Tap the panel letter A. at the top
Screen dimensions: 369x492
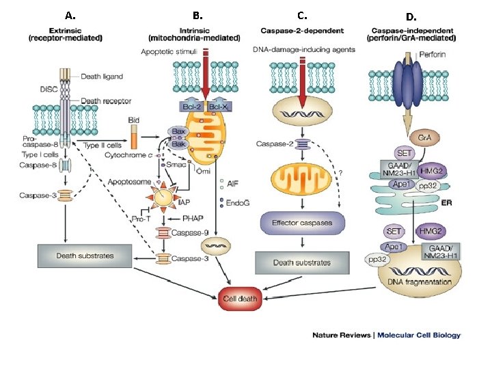70,15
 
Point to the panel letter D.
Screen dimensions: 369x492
411,17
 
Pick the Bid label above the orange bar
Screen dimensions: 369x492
134,120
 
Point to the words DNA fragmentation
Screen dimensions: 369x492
420,282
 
